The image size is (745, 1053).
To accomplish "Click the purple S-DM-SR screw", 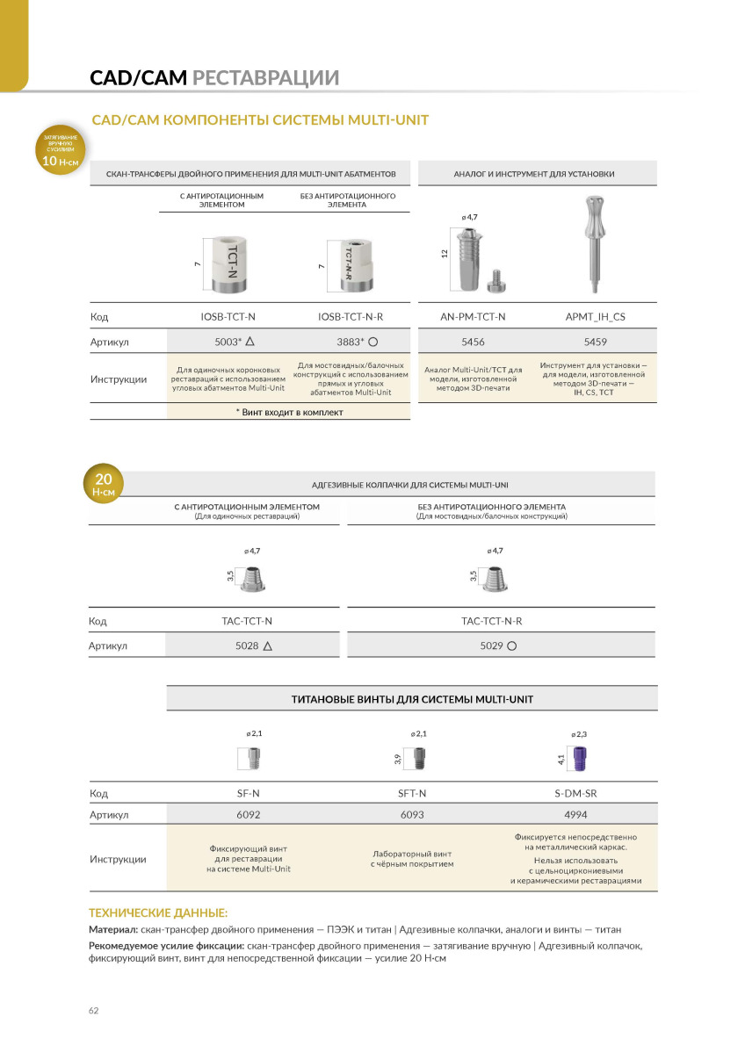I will (x=580, y=755).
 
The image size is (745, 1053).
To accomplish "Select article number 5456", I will (x=473, y=343).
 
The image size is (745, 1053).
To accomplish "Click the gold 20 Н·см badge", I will (x=103, y=485).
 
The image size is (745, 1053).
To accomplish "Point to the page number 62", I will (x=94, y=1010).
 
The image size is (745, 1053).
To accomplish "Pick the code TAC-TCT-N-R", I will (x=497, y=621).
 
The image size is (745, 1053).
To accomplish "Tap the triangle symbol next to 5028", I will (x=267, y=646).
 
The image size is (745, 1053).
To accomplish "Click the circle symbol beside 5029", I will (x=510, y=646).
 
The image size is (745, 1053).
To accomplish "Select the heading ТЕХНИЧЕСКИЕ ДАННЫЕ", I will (x=158, y=913).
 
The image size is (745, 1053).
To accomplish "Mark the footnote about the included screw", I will (x=289, y=411).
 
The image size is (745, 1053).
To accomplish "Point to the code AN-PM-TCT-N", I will (x=473, y=316).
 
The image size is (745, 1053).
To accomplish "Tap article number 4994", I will (x=576, y=814).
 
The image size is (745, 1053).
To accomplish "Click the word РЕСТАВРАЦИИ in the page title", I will (x=265, y=78).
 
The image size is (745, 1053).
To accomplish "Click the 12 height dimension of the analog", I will (x=445, y=253).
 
